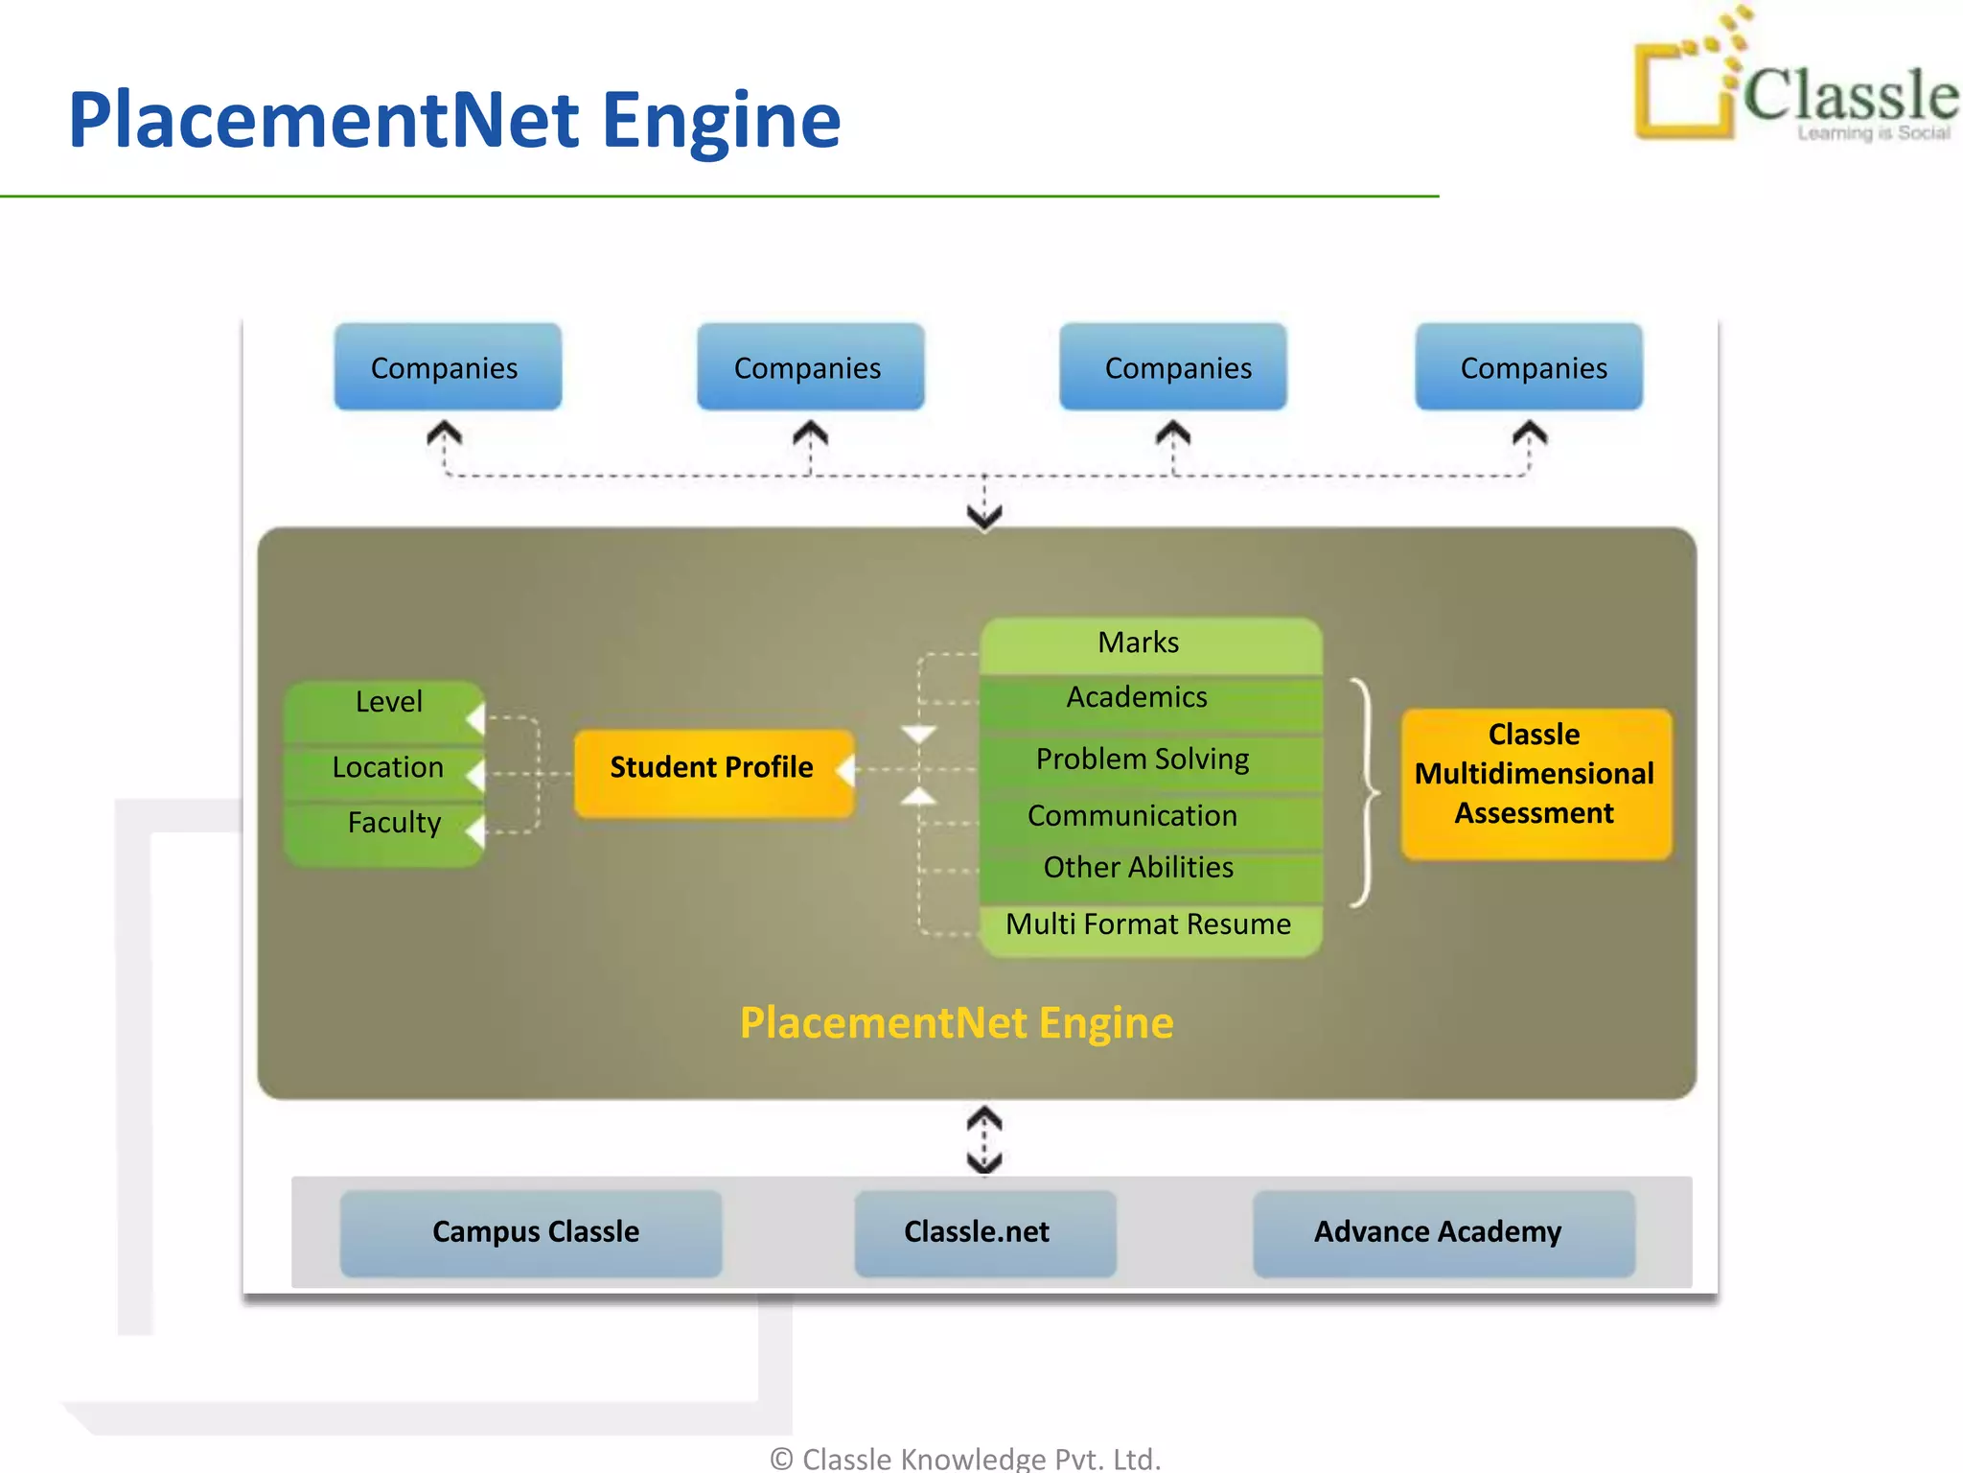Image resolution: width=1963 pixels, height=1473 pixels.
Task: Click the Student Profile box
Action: point(713,772)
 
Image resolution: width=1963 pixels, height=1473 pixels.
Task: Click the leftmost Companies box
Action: point(447,367)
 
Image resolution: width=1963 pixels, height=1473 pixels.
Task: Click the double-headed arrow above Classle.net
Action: point(984,1140)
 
